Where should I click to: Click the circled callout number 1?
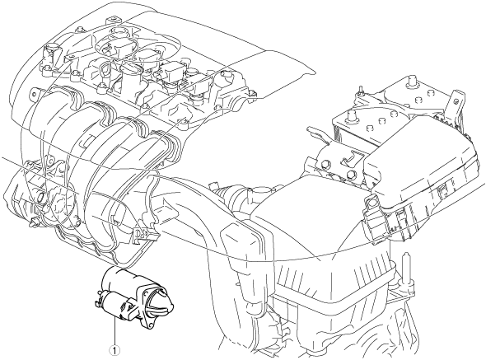[115, 350]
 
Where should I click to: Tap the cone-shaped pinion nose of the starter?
[162, 300]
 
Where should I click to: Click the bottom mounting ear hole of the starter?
[151, 325]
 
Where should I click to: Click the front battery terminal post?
[351, 117]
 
